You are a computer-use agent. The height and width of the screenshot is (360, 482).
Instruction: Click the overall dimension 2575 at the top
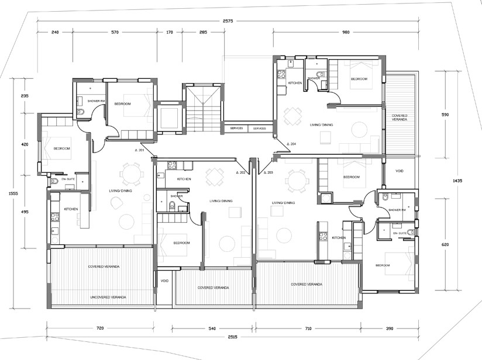(x=228, y=21)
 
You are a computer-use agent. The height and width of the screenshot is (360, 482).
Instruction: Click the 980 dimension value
(x=345, y=33)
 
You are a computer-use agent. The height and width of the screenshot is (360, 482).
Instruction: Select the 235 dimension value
(x=25, y=95)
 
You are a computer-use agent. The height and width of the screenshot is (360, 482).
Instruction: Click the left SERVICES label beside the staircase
(x=237, y=128)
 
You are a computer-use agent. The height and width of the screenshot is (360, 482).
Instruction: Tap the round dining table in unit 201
(x=130, y=174)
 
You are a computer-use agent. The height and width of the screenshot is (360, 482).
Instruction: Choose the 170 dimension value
(x=170, y=33)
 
